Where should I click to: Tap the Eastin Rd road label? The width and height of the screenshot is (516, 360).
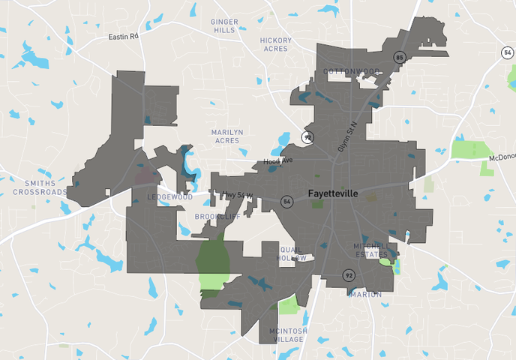point(124,36)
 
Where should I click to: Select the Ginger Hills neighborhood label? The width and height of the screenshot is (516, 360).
point(224,26)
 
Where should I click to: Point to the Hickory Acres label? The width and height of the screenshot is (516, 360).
point(276,44)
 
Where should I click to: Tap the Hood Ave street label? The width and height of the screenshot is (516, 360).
point(278,162)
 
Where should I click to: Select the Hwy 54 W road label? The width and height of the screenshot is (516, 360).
point(238,195)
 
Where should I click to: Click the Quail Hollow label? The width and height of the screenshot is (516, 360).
point(291,253)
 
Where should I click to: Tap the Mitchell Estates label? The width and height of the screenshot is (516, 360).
point(371,250)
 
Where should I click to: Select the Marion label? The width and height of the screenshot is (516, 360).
point(365,294)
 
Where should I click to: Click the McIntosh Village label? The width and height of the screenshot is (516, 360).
point(286,334)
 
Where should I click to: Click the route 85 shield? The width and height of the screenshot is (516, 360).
point(400,57)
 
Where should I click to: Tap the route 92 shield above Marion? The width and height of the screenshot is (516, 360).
point(349,275)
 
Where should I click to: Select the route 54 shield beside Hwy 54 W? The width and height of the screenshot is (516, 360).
point(286,201)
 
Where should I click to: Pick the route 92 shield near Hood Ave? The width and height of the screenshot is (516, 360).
point(307,137)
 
